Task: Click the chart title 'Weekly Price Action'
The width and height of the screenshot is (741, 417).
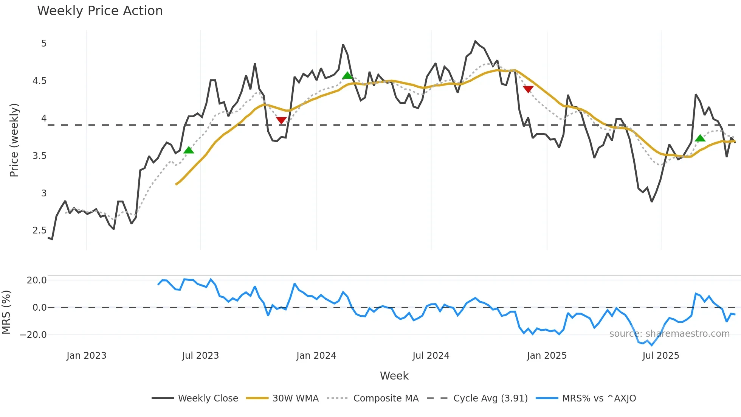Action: coord(100,11)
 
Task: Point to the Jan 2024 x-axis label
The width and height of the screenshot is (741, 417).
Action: coord(316,356)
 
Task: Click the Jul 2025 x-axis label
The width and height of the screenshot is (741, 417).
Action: coord(660,356)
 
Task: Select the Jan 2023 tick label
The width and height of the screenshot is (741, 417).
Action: coord(86,356)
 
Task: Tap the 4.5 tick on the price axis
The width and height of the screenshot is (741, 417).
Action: coord(39,81)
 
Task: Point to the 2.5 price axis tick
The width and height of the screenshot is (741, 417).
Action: coord(39,230)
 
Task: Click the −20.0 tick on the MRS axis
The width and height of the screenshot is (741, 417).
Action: coord(33,335)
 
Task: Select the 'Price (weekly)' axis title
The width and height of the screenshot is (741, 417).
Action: coord(14,140)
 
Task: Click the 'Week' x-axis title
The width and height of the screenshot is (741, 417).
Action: coord(394,376)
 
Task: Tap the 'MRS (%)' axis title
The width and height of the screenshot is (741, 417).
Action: coord(6,312)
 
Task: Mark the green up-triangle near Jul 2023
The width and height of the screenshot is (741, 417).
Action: coord(189,150)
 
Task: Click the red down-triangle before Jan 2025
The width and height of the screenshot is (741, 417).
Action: coord(528,89)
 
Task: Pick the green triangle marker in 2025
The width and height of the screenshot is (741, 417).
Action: coord(700,138)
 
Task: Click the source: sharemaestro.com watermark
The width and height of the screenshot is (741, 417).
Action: coord(669,334)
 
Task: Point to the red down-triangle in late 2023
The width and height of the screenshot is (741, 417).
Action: coord(281,120)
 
